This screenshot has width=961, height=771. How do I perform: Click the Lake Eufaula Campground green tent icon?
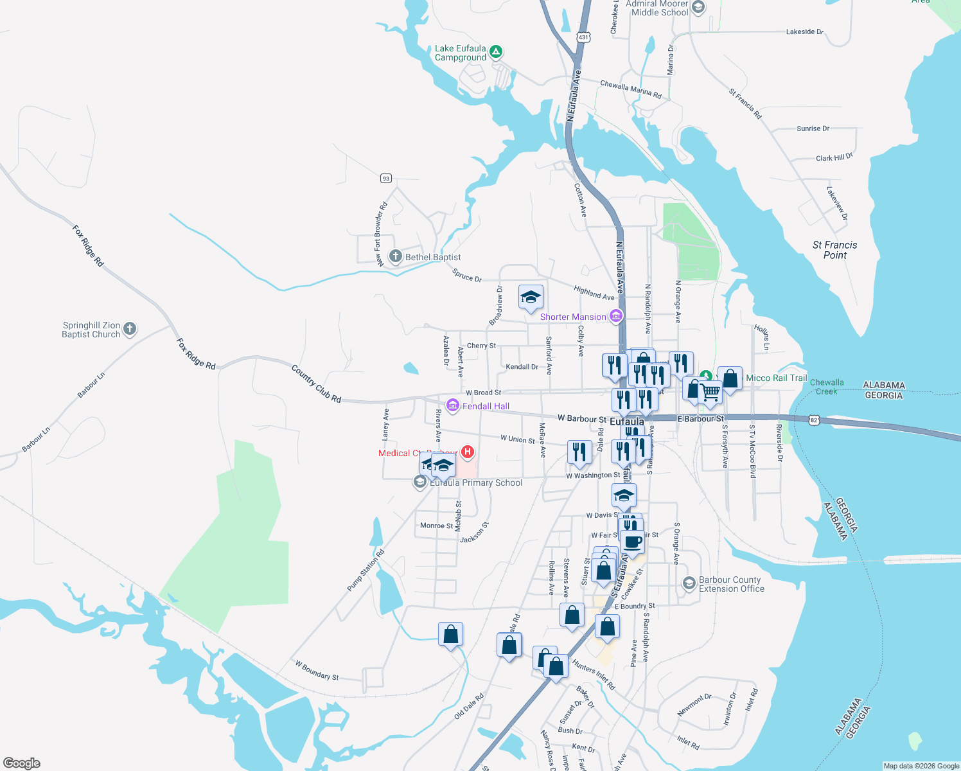495,52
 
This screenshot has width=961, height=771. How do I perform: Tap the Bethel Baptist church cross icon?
395,256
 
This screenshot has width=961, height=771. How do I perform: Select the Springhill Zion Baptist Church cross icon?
130,330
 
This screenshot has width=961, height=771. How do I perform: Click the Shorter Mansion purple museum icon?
616,315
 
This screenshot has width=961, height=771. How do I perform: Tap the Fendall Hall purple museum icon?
453,405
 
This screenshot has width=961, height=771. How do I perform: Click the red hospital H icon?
468,452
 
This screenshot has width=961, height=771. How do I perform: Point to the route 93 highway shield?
385,178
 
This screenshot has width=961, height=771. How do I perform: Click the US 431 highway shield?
583,37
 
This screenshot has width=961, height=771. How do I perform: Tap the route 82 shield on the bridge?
814,420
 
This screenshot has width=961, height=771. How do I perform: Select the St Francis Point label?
834,250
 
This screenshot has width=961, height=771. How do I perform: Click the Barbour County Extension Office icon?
689,583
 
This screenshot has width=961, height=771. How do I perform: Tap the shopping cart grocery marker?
710,391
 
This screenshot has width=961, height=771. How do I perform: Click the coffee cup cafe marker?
632,542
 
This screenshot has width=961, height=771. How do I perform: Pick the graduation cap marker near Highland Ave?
531,297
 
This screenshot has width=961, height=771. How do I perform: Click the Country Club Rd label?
316,384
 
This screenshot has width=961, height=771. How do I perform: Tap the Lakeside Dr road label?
804,31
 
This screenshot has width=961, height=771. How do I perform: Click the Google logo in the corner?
22,763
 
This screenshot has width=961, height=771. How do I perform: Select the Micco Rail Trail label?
776,378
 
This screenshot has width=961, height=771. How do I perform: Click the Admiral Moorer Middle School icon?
698,7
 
